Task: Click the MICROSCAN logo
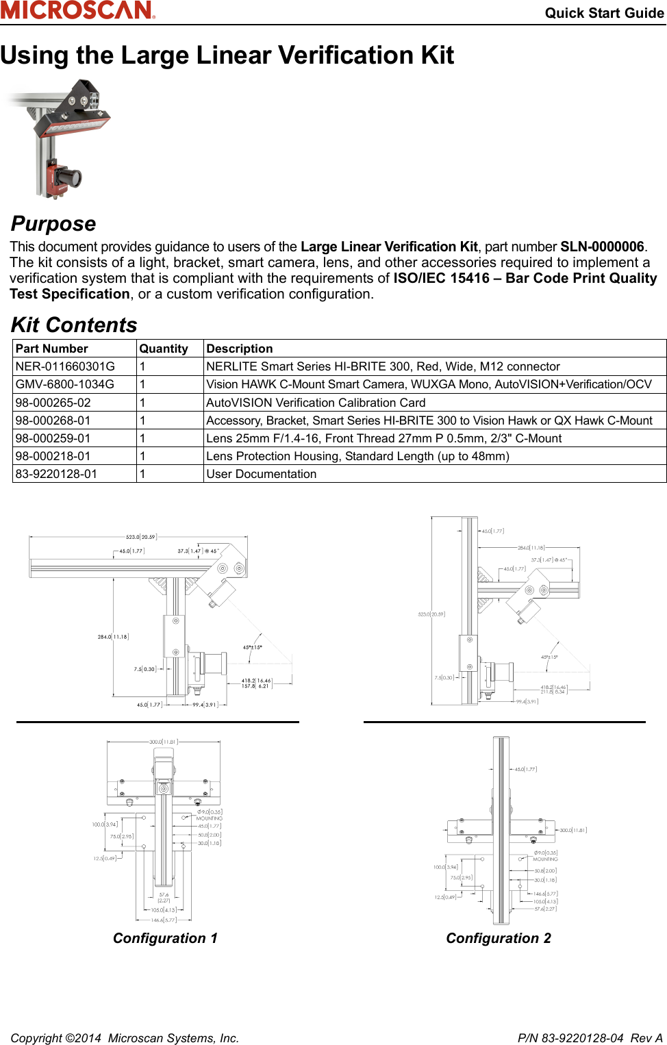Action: [x=77, y=10]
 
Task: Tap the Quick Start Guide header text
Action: [x=604, y=13]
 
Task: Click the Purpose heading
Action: [x=53, y=224]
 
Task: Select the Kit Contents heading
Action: [x=74, y=325]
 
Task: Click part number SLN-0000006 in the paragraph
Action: [x=602, y=247]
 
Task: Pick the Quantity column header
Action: [x=164, y=349]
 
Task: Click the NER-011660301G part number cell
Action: [x=65, y=366]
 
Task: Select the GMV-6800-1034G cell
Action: [x=65, y=384]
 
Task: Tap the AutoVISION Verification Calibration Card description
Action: [x=316, y=403]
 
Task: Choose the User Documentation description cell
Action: [x=262, y=474]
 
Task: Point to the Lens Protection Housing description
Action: [x=357, y=456]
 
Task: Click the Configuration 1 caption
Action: [x=165, y=938]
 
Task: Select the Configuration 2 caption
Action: [x=499, y=938]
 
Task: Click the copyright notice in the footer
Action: [x=125, y=1038]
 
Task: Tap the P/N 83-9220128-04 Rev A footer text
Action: [x=590, y=1038]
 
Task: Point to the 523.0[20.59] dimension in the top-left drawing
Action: [x=141, y=537]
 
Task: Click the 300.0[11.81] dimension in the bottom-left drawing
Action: [x=164, y=742]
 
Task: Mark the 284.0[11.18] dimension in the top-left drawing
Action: [x=113, y=637]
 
